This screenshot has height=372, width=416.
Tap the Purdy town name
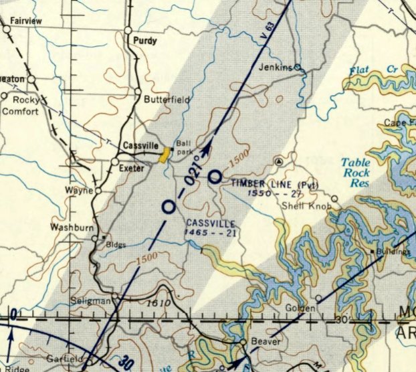point(145,41)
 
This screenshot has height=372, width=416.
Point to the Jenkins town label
point(277,67)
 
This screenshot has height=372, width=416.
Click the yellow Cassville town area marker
point(163,155)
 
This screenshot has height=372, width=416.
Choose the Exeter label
point(132,169)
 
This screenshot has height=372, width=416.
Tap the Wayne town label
point(79,190)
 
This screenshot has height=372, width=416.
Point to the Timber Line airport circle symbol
point(215,177)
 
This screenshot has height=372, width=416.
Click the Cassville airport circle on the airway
point(169,207)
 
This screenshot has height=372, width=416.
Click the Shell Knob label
point(306,207)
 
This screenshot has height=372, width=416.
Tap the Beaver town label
point(266,343)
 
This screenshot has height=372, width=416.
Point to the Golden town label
point(298,308)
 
